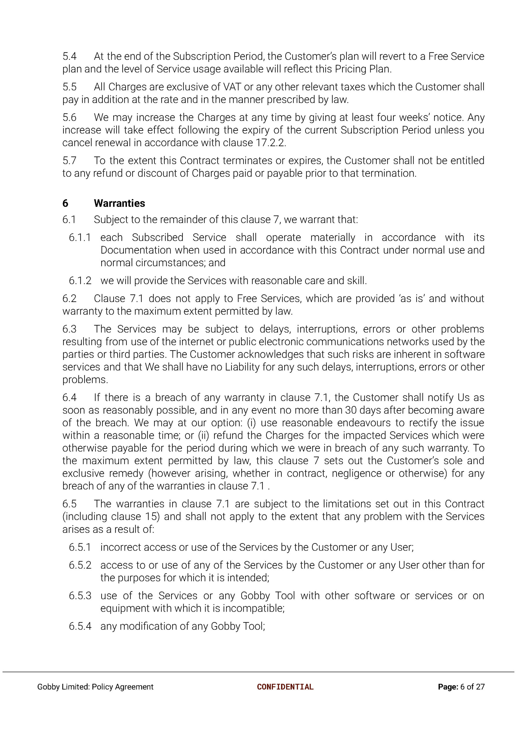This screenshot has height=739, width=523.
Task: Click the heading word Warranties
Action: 119,203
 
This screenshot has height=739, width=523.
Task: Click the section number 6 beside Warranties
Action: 65,203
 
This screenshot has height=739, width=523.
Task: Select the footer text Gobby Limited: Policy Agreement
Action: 95,687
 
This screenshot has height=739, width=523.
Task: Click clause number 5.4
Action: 70,56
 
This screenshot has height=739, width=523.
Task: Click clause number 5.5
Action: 70,87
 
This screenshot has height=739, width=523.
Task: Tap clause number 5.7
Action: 70,161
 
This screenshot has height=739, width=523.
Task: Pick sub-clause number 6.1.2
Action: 80,281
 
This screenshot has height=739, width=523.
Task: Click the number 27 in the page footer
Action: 480,687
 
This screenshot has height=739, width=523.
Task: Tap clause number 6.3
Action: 70,329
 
